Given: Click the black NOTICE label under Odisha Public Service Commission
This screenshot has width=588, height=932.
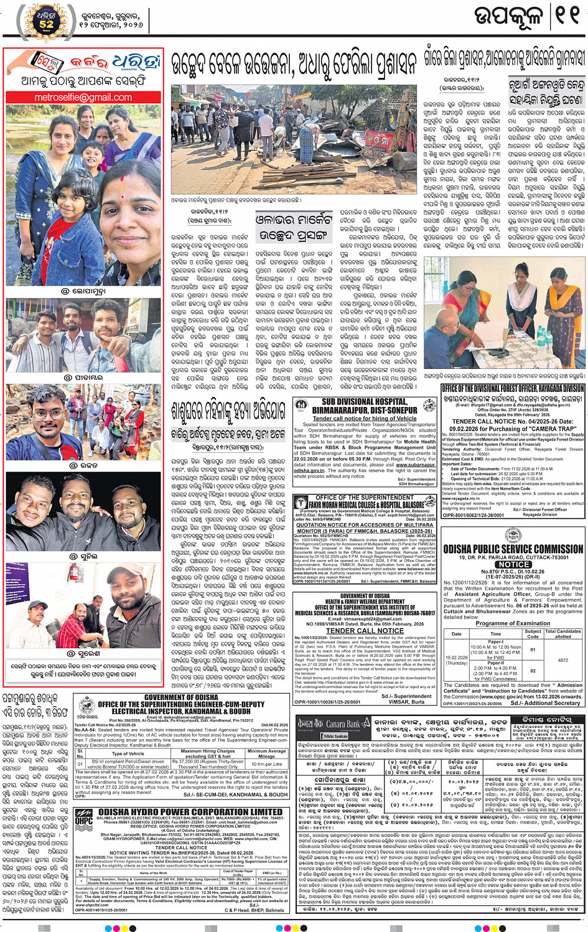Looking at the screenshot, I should (513, 564).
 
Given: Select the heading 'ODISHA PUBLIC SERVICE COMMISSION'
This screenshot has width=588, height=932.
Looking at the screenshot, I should (513, 549).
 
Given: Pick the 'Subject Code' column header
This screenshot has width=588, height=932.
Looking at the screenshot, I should (533, 634).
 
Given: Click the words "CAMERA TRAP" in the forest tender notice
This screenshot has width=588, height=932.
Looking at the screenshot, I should (558, 428).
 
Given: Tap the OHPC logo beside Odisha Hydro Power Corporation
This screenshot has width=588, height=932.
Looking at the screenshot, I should (84, 819).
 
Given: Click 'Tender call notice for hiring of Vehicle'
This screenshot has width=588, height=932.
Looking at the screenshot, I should (365, 418).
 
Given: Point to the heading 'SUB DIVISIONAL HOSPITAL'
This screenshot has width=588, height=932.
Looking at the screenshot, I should (365, 402).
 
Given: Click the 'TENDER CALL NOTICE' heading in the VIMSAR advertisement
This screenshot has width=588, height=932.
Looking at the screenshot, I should (365, 630).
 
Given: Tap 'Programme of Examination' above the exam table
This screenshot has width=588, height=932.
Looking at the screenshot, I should (513, 623).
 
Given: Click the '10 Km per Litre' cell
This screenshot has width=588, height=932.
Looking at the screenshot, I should (267, 763).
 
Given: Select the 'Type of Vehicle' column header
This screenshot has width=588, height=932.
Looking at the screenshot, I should (128, 753).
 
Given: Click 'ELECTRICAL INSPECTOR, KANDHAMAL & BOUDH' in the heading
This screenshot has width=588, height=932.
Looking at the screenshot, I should (181, 711).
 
